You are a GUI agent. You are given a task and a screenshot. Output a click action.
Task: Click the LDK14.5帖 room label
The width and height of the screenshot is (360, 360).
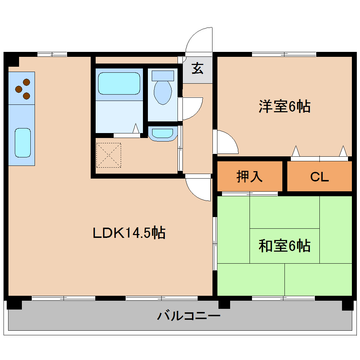(129, 233)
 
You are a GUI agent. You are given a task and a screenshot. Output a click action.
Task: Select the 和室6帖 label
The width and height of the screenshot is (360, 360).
(284, 246)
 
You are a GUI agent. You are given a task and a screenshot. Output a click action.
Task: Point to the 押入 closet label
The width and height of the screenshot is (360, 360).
(250, 176)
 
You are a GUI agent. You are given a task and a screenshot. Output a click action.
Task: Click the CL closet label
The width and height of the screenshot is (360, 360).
(319, 176)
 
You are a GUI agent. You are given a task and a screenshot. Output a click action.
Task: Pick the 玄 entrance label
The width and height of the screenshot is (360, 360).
(198, 68)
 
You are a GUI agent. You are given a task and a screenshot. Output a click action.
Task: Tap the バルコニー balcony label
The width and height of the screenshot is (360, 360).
(189, 315)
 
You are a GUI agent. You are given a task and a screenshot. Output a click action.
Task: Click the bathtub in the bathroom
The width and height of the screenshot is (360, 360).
(119, 83)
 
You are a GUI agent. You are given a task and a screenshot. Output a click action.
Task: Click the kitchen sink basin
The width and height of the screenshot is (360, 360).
(23, 143)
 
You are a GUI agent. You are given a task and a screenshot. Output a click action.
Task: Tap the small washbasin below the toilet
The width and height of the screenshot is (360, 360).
(163, 133)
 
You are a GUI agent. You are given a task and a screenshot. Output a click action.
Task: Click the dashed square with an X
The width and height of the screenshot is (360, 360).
(108, 155)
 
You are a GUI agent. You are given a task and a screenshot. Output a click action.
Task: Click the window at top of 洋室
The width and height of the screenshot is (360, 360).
(284, 54)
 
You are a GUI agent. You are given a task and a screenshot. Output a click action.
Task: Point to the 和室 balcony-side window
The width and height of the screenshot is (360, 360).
(283, 298)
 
